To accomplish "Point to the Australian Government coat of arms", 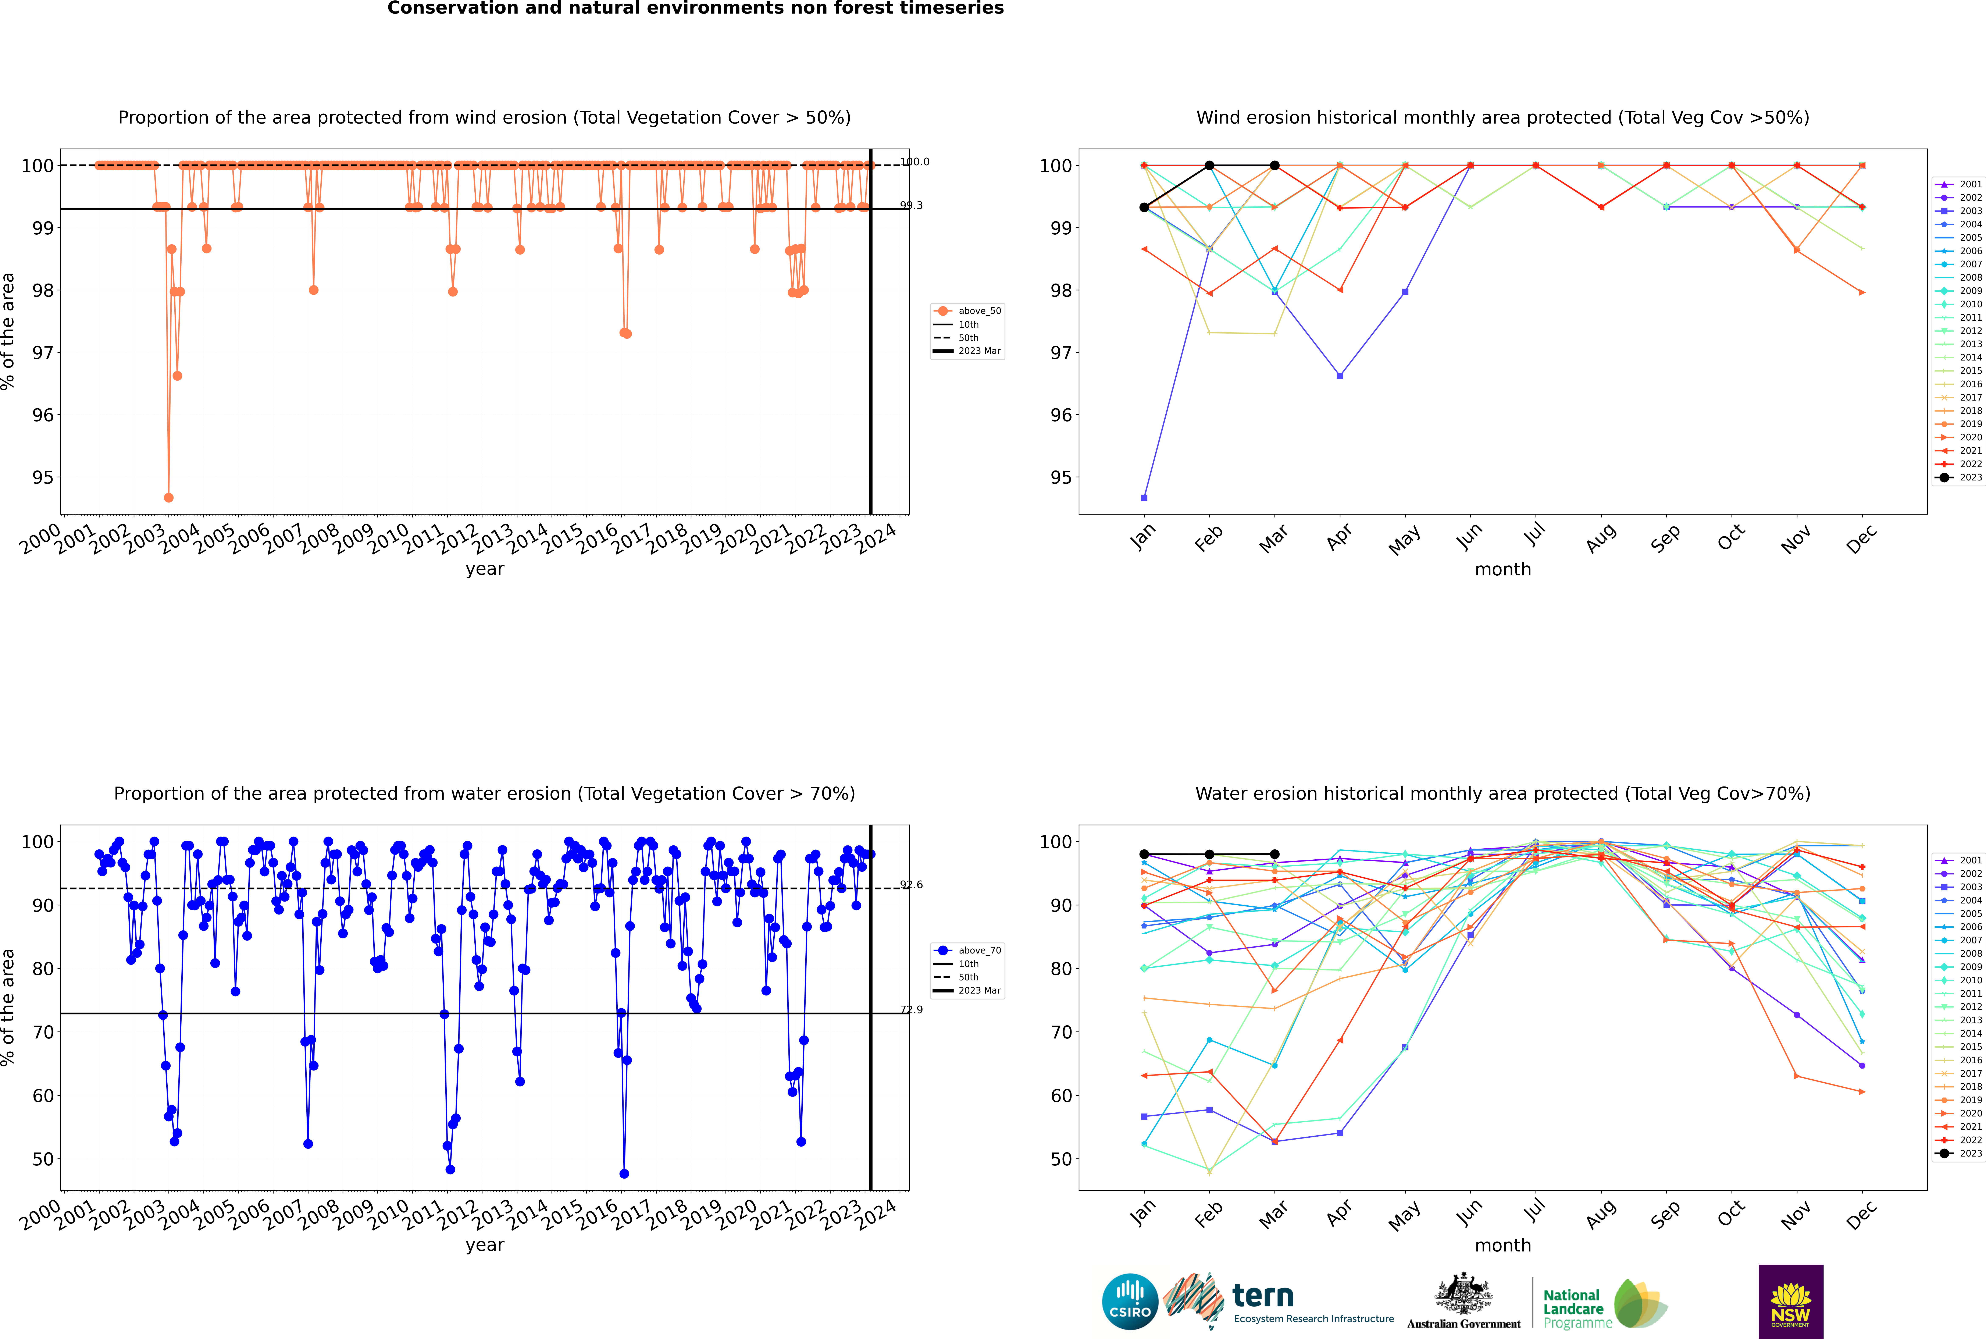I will [1463, 1294].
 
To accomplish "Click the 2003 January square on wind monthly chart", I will [1144, 497].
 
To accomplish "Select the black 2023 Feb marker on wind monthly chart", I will [1209, 166].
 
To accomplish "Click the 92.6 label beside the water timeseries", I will [911, 885].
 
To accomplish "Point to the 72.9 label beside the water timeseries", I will [911, 1009].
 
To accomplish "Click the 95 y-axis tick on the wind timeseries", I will [43, 477].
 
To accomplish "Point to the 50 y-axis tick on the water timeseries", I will [43, 1159].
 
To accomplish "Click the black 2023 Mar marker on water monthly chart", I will [1275, 854].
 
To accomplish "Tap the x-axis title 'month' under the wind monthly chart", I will [1503, 570].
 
